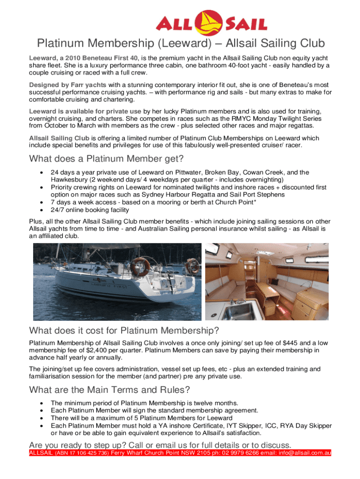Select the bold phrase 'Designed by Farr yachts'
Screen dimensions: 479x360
[68, 85]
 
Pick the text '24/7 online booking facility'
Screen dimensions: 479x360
[90, 210]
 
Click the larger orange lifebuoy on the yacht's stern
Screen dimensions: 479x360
[140, 266]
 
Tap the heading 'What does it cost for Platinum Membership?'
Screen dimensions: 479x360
[124, 331]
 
